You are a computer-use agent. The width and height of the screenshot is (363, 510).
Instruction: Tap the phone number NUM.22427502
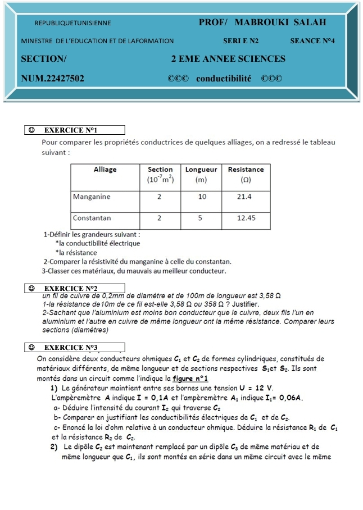coord(53,78)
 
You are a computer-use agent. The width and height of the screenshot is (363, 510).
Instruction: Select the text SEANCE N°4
coord(312,40)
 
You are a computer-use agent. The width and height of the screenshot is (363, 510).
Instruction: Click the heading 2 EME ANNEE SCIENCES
coord(228,59)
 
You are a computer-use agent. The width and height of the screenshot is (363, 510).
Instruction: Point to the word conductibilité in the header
coord(224,78)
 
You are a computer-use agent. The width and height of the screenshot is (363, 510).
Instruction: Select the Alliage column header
coord(105,169)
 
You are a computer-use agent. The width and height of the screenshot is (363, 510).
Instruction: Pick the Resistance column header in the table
coord(246,169)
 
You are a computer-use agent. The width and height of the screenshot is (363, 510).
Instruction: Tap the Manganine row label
coord(92,197)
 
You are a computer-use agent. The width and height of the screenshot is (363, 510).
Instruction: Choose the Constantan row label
coord(92,217)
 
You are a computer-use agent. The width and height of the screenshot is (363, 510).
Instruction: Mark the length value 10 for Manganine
coord(202,197)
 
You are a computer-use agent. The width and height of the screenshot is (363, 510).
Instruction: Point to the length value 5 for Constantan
coord(201,217)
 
